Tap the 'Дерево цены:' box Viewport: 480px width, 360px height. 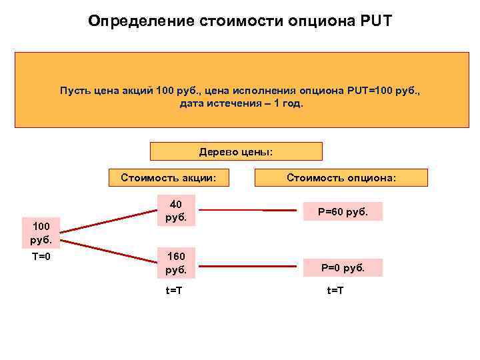click(x=236, y=151)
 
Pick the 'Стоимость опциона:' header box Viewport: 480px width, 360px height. click(x=341, y=177)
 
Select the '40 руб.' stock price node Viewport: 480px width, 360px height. click(x=176, y=211)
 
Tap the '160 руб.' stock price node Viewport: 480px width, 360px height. click(x=176, y=263)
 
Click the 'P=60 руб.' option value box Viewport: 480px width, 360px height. click(x=343, y=211)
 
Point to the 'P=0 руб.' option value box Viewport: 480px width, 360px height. click(x=343, y=268)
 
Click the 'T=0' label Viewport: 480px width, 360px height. click(x=41, y=257)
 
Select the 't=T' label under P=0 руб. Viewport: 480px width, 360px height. click(x=335, y=291)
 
